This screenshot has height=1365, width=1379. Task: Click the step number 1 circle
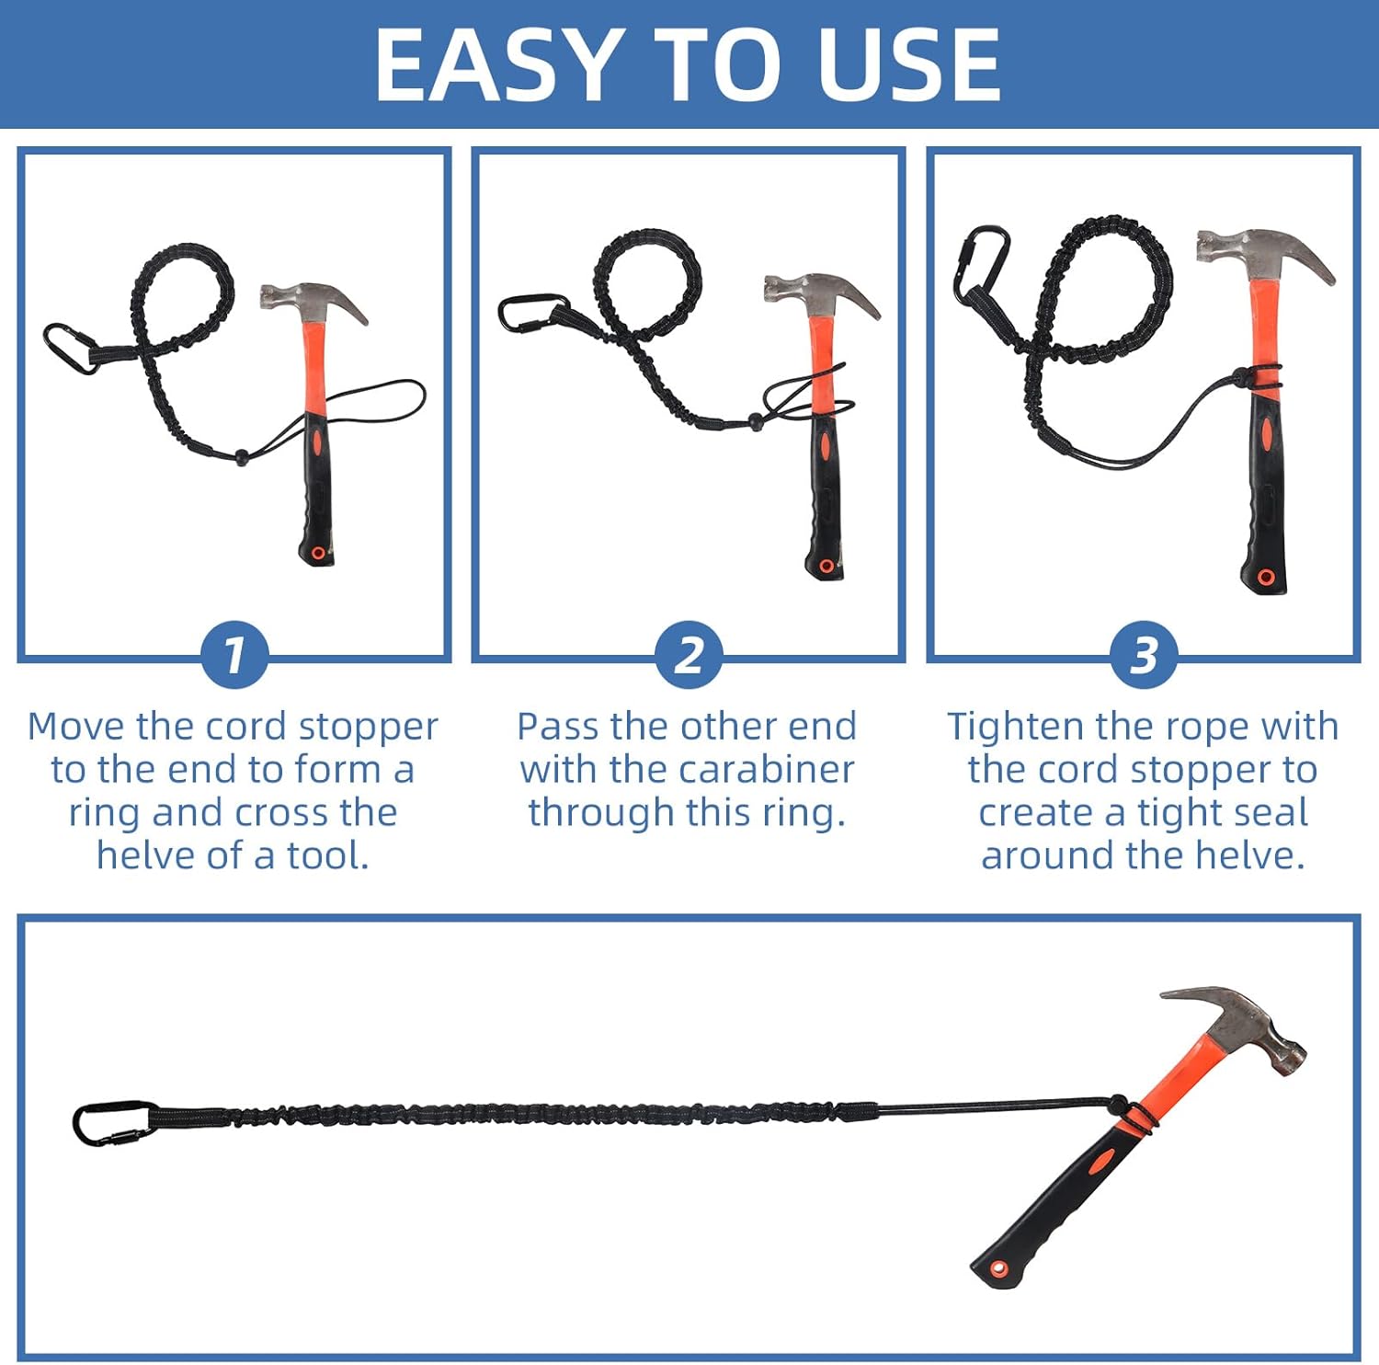pyautogui.click(x=234, y=655)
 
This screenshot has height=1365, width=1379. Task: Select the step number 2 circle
pyautogui.click(x=689, y=655)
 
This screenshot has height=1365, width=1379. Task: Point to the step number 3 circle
pyautogui.click(x=1143, y=655)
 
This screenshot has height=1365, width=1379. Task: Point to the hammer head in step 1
pyautogui.click(x=313, y=302)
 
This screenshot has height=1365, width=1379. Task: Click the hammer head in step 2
pyautogui.click(x=821, y=292)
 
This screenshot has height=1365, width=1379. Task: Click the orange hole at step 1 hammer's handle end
pyautogui.click(x=318, y=553)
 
